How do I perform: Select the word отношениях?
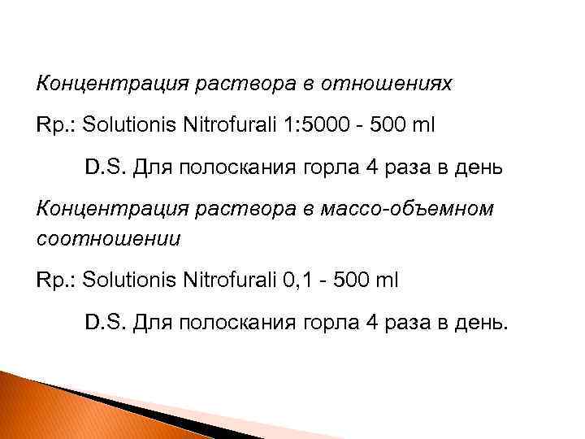tap(388, 83)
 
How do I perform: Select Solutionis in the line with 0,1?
tap(128, 280)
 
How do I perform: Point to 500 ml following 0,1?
tap(370, 280)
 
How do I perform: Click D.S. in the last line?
tap(104, 324)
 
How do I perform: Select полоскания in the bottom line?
tap(239, 324)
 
